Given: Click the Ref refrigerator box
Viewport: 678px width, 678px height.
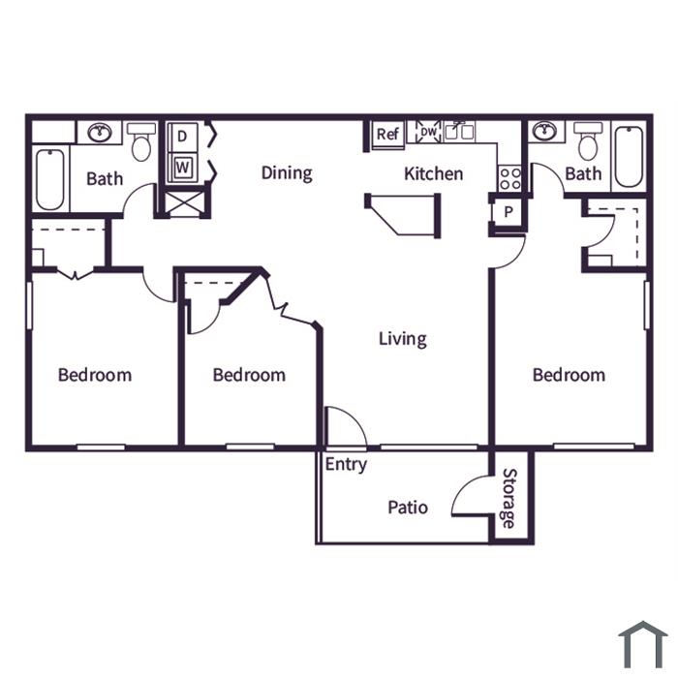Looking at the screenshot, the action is (x=387, y=134).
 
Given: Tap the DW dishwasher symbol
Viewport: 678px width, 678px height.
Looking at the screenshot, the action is (x=428, y=132).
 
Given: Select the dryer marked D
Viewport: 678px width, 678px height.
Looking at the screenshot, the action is (x=183, y=137).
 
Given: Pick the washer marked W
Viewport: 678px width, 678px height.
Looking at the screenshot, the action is (x=183, y=167).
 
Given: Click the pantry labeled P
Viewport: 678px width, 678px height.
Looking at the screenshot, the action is (x=508, y=212).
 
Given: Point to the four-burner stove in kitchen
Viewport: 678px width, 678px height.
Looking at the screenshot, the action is (x=509, y=178).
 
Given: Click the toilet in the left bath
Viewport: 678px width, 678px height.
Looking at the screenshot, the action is (x=141, y=141).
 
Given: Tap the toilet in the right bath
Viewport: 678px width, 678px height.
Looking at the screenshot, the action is (x=588, y=140).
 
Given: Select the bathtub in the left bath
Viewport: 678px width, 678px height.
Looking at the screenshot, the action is (x=50, y=179).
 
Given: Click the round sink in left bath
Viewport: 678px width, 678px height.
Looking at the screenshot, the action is (x=100, y=132).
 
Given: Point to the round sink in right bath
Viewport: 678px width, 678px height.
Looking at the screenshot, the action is (x=544, y=131).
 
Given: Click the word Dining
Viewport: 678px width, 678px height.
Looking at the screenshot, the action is (x=287, y=173).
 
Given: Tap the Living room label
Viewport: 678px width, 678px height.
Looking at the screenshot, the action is (x=403, y=339).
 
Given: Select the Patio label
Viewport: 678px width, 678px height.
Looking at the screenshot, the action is (x=408, y=508).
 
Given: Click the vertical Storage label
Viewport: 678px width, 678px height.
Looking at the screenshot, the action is (x=509, y=499).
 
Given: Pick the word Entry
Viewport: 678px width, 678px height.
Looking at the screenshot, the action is (x=346, y=465).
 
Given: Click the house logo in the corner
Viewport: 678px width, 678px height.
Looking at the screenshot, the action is (x=643, y=644).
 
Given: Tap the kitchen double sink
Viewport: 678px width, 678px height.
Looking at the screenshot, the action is (x=459, y=132).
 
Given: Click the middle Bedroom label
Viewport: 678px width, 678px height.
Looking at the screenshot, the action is (x=249, y=375).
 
